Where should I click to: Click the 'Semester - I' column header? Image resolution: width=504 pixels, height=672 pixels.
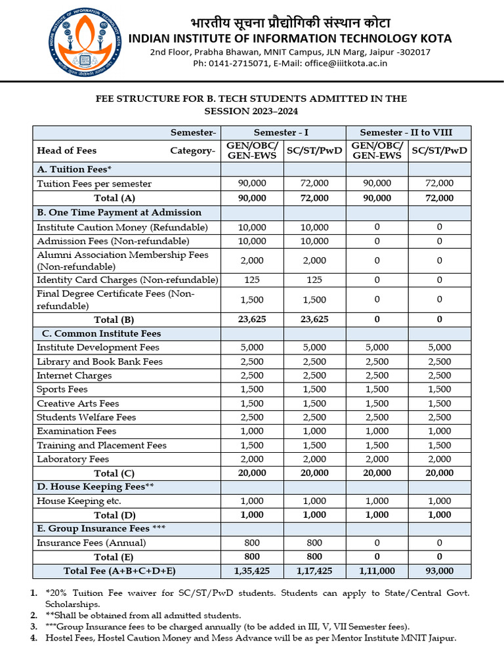283,132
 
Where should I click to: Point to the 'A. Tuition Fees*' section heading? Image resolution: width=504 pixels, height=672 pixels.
74,169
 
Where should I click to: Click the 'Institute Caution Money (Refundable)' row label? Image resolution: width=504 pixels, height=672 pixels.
122,227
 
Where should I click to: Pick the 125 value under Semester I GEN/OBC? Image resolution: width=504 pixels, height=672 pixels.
252,280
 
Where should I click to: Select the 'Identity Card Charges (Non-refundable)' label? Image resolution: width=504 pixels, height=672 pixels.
127,280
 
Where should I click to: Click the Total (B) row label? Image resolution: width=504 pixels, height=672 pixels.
114,320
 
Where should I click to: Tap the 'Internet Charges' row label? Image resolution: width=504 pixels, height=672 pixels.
74,375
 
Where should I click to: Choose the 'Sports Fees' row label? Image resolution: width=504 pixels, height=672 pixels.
62,389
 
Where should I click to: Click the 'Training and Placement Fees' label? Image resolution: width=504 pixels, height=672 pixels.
102,445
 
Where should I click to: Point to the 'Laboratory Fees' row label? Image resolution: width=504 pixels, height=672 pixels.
73,459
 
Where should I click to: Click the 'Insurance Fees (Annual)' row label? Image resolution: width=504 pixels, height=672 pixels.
91,543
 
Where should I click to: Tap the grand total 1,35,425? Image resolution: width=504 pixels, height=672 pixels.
252,571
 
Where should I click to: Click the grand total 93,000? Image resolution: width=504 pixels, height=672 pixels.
439,571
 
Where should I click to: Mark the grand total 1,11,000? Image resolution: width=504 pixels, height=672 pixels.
377,571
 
